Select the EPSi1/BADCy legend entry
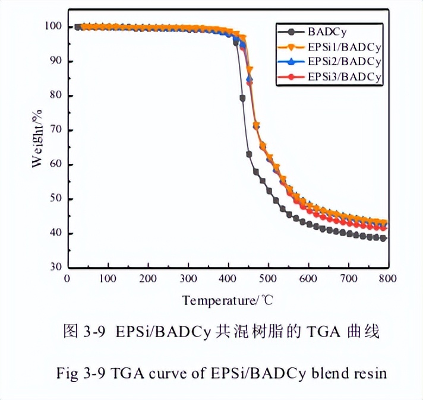[x=343, y=45]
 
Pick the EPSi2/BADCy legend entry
[x=343, y=61]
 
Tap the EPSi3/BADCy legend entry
[x=343, y=77]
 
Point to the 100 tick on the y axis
[x=53, y=27]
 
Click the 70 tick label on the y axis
[x=55, y=130]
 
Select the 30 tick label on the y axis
[x=55, y=268]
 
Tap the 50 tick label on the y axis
[x=55, y=199]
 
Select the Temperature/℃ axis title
[x=228, y=300]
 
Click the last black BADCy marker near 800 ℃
[x=383, y=238]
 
